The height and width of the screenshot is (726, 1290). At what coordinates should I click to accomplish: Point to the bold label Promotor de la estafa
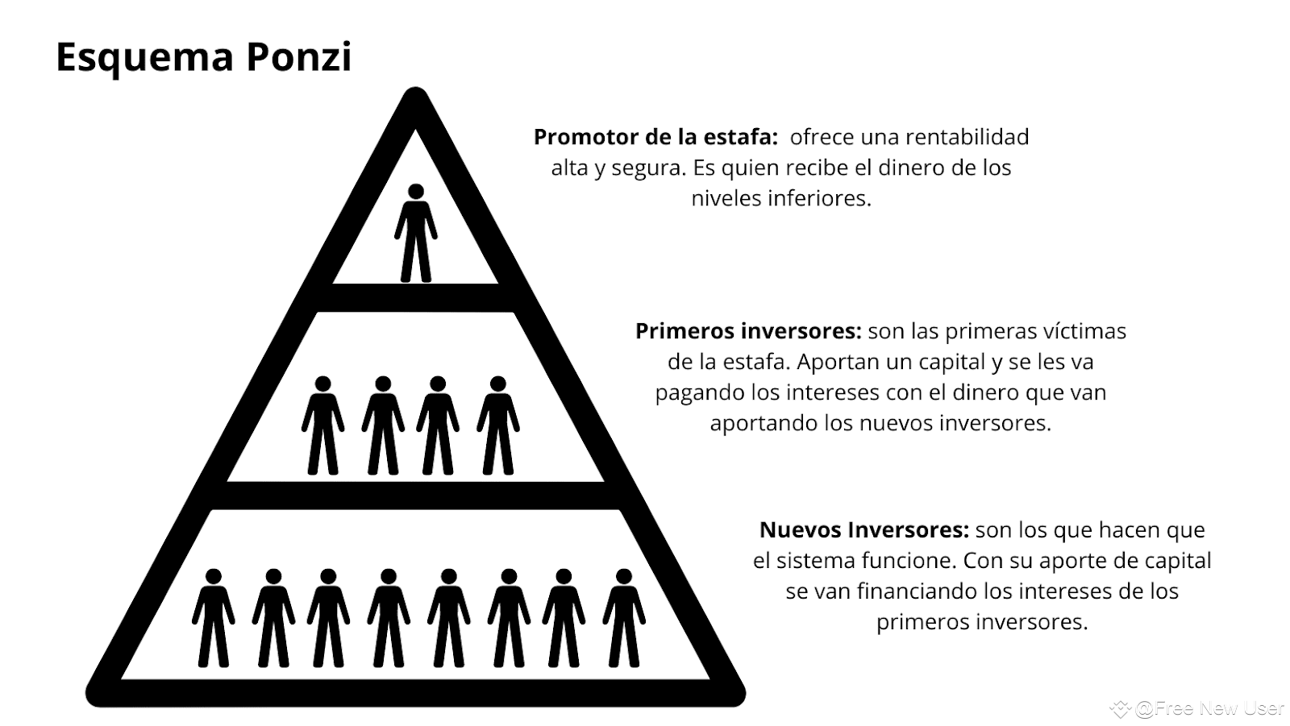655,137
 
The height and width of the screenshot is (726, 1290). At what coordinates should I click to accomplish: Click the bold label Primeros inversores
748,331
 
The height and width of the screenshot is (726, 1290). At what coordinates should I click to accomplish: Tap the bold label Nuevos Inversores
863,530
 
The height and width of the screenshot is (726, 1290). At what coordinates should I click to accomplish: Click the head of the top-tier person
415,192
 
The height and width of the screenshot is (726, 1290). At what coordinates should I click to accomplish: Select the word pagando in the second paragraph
700,393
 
